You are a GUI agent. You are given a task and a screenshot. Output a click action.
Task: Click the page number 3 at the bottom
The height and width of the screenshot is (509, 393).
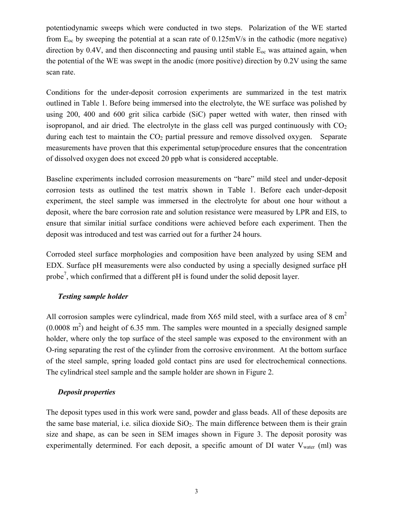pos(196,491)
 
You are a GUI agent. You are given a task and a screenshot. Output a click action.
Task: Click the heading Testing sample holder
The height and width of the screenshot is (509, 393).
pos(93,296)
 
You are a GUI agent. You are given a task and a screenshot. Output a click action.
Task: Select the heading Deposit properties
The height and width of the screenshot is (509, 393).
pos(86,392)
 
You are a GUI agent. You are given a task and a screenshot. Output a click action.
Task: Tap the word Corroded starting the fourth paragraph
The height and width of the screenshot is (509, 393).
pos(60,254)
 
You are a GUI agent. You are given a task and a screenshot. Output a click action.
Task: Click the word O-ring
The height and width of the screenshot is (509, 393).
pos(59,350)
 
